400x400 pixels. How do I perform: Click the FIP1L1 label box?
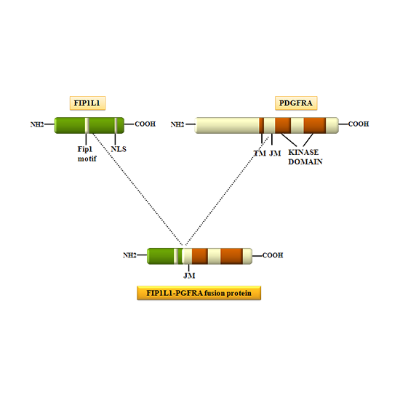pos(87,103)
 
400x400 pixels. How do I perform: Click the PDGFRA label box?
pos(295,103)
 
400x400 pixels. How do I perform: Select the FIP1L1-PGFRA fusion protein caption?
pos(199,293)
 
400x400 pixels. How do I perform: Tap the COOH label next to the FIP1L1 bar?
pos(145,124)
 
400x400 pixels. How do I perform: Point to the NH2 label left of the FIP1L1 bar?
pos(37,125)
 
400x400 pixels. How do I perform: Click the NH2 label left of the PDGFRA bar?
pos(177,124)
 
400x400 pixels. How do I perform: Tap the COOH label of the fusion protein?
pos(273,255)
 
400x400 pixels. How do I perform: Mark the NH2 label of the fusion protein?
pos(129,255)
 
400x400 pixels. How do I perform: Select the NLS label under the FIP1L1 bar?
pos(118,149)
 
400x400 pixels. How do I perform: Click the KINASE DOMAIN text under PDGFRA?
pos(305,156)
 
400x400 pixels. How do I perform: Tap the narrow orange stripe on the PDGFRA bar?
pos(261,125)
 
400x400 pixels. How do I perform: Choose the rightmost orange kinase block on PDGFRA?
pos(314,125)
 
